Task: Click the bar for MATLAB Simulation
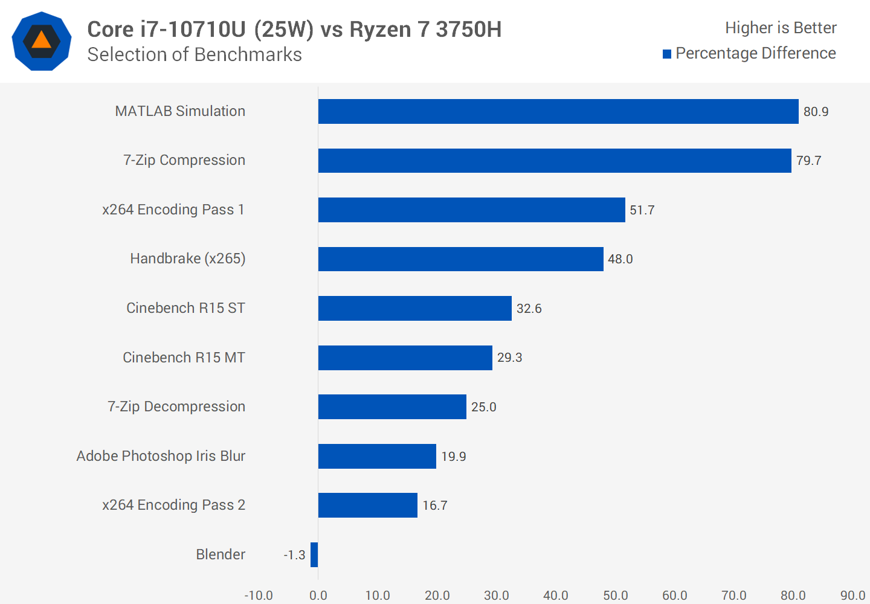[x=558, y=111]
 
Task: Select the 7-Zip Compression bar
[x=555, y=161]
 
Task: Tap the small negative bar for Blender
[x=314, y=554]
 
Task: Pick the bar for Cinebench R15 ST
[x=414, y=308]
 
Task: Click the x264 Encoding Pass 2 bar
[x=367, y=505]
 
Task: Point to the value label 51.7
[x=642, y=210]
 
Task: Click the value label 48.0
[x=620, y=259]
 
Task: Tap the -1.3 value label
[x=295, y=555]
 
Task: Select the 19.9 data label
[x=453, y=457]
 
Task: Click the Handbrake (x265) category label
[x=187, y=259]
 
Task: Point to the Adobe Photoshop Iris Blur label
[x=161, y=456]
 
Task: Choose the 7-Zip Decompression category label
[x=176, y=406]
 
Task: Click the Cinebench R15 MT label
[x=184, y=358]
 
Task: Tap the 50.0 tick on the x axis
[x=615, y=596]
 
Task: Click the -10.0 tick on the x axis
[x=259, y=596]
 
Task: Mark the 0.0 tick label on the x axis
[x=318, y=596]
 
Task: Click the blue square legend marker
[x=667, y=54]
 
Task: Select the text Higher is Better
[x=781, y=28]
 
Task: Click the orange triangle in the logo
[x=41, y=40]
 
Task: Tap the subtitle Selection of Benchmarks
[x=195, y=54]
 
